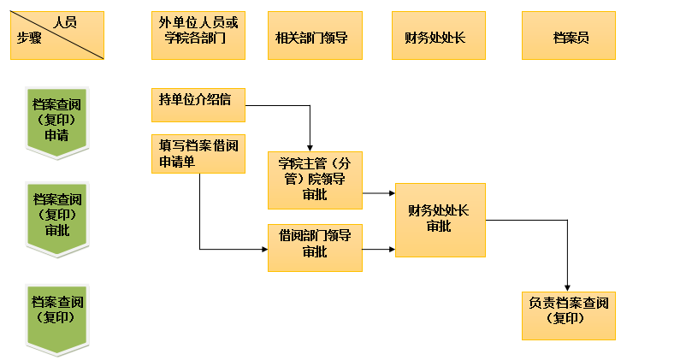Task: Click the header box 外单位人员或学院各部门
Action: click(198, 35)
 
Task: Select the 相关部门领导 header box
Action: click(310, 35)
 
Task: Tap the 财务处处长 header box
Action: click(435, 35)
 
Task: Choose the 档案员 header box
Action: click(569, 35)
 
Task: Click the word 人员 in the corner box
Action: click(64, 23)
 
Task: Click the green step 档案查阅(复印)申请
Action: click(57, 120)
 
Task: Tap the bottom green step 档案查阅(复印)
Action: click(57, 312)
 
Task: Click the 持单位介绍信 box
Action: click(198, 104)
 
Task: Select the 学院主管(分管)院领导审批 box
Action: click(315, 180)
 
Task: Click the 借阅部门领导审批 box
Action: click(315, 246)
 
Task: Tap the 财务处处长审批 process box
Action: click(440, 220)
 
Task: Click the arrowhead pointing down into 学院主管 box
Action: click(310, 147)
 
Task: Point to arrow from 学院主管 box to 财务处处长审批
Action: click(378, 193)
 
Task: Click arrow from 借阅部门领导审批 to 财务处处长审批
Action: click(378, 250)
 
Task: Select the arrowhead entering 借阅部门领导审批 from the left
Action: click(263, 250)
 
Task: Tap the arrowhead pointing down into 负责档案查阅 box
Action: click(568, 286)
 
